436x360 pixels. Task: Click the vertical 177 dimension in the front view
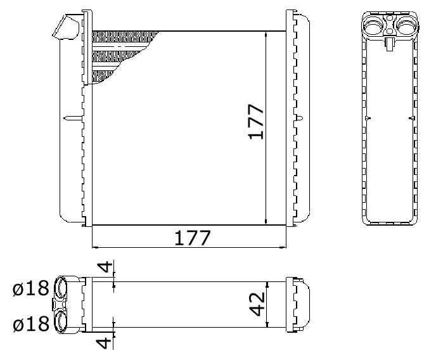click(x=256, y=122)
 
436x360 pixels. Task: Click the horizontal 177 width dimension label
click(x=193, y=238)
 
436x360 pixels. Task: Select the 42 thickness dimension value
click(x=257, y=304)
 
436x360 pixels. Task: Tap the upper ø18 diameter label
click(x=31, y=288)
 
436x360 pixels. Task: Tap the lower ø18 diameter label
click(x=31, y=324)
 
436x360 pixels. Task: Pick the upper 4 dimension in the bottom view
click(x=105, y=267)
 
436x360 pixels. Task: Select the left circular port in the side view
click(x=373, y=26)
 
